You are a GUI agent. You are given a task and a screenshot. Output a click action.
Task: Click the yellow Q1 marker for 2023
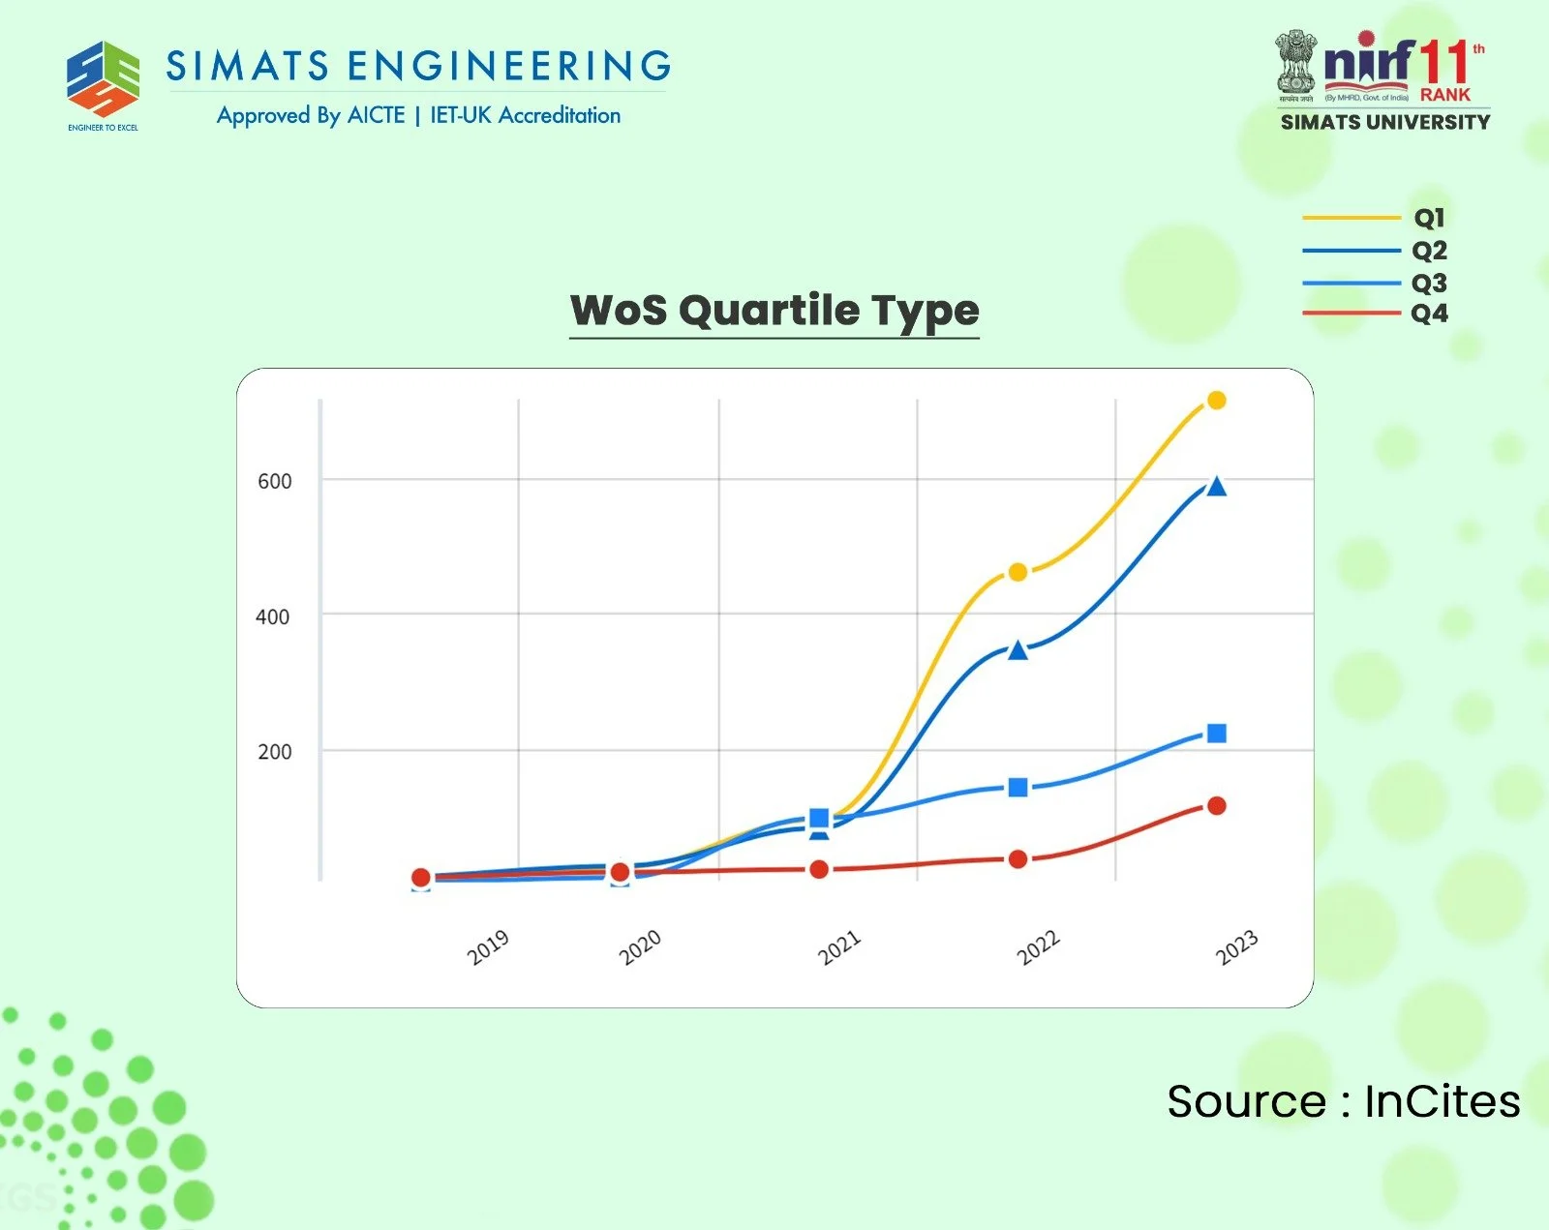click(x=1217, y=401)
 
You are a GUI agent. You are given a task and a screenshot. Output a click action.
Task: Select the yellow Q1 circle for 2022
click(x=1017, y=573)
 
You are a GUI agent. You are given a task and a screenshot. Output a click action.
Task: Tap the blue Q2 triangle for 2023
click(x=1217, y=487)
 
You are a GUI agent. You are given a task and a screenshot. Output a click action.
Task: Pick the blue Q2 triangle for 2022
click(x=1017, y=650)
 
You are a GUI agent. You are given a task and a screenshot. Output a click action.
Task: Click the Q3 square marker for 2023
click(x=1217, y=734)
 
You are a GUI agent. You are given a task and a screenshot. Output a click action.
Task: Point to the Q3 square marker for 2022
click(x=1017, y=788)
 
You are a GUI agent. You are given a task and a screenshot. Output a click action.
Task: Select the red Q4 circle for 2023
click(x=1217, y=806)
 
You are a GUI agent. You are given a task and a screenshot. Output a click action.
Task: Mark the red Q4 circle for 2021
click(x=819, y=870)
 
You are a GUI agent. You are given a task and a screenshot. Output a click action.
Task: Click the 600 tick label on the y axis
click(x=274, y=481)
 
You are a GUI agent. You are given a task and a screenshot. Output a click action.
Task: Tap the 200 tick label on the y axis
click(x=274, y=752)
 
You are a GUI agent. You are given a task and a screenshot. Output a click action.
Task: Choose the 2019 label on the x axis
click(x=487, y=947)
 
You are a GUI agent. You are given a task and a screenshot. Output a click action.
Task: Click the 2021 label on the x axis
click(x=838, y=947)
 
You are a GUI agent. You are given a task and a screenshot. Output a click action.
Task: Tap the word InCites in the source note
click(x=1442, y=1101)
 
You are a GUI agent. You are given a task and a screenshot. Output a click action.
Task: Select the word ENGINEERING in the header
click(x=509, y=66)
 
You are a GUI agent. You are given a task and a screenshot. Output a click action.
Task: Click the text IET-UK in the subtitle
click(x=461, y=115)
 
